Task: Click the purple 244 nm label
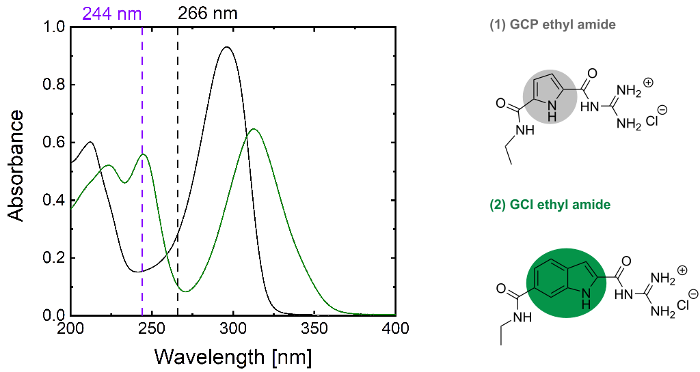coord(112,12)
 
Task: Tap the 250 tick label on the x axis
coord(152,329)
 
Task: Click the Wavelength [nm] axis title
coord(233,356)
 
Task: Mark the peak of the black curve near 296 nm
coord(226,47)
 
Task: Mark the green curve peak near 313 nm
coord(254,129)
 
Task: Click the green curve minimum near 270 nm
coord(185,291)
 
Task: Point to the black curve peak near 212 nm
coord(90,142)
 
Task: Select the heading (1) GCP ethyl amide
coord(552,25)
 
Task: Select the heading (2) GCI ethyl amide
coord(551,205)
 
